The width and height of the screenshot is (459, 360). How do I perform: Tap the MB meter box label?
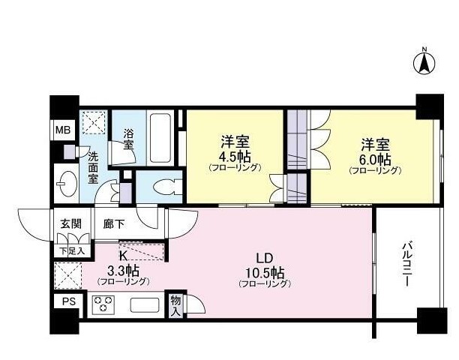(x=63, y=130)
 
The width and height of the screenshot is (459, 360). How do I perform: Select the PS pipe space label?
(x=68, y=301)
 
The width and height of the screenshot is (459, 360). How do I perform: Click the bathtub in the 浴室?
(x=160, y=138)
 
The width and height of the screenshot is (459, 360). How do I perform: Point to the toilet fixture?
(x=166, y=187)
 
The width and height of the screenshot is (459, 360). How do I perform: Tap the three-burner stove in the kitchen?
(x=103, y=304)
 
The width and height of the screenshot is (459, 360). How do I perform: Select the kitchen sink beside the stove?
(x=145, y=305)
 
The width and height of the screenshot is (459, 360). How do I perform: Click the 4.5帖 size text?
(x=235, y=157)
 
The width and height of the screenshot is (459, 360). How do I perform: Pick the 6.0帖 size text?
(x=375, y=160)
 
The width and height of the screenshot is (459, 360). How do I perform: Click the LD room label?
(x=265, y=258)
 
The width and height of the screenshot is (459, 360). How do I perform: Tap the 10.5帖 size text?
(x=265, y=273)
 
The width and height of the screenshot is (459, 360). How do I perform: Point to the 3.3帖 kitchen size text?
(x=123, y=271)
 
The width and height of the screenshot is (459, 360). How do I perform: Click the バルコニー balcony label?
(x=407, y=264)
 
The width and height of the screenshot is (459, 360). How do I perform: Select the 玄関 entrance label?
(x=70, y=224)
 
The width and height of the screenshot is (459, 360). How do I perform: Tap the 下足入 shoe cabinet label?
(x=72, y=251)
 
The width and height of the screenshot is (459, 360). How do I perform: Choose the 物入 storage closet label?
(x=175, y=305)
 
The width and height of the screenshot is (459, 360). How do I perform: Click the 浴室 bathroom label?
(x=128, y=139)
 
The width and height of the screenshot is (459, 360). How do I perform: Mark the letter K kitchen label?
(x=123, y=256)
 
